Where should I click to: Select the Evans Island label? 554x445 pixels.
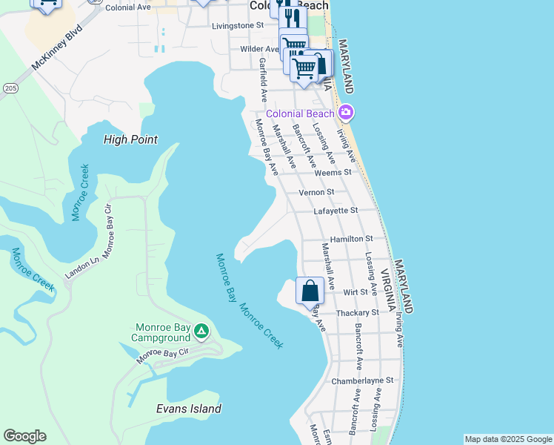pos(189,409)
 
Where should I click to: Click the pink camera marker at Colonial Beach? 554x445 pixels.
pos(345,113)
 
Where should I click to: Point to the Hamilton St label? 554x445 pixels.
pos(351,238)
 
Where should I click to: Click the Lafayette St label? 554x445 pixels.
pos(336,211)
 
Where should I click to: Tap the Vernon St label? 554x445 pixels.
pos(316,192)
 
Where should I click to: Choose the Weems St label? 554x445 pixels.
pos(333,172)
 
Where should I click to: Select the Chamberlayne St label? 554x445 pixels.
pos(362,380)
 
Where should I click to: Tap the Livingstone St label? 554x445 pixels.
pos(238,25)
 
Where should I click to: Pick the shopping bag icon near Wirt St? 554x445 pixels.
pos(310,290)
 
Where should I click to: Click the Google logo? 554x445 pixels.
pos(24,436)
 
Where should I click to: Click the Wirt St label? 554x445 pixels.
pos(356,292)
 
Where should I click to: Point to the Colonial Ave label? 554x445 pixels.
pos(128,7)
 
